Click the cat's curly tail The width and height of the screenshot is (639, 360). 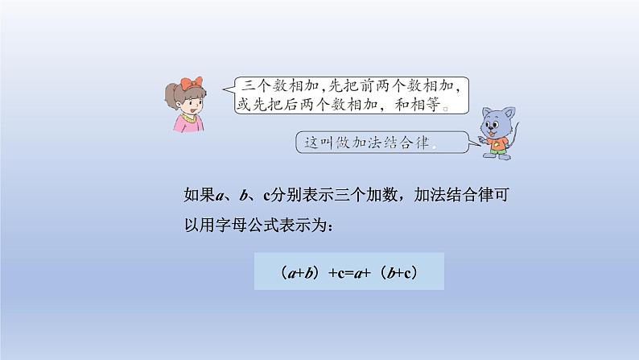(x=513, y=137)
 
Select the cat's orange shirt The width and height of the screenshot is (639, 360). (x=495, y=143)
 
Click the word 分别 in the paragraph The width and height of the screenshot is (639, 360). (x=285, y=193)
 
